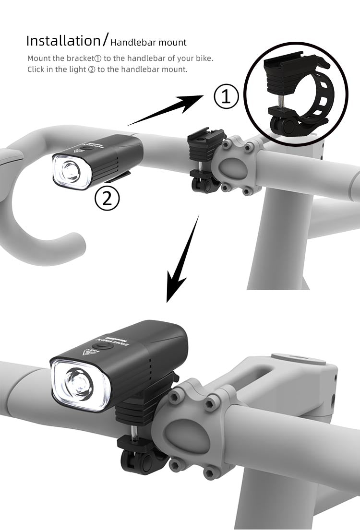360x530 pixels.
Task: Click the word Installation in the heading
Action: point(62,41)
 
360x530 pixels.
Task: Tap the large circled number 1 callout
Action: point(226,96)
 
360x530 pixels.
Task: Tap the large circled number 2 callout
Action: point(107,198)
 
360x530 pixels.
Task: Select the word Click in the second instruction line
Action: point(36,70)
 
